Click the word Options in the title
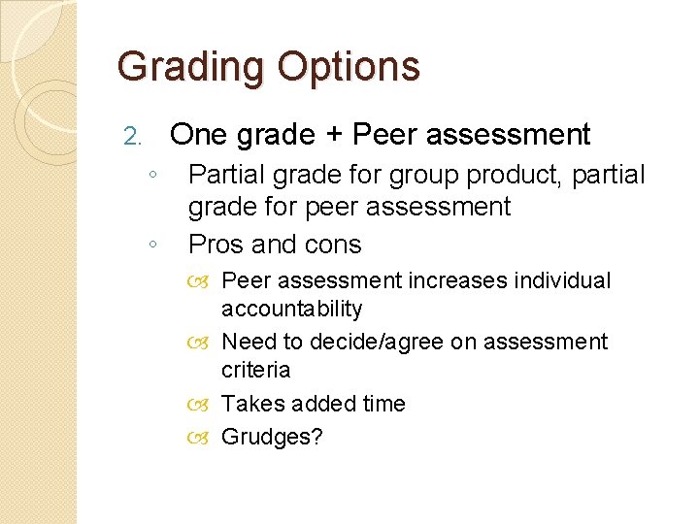[349, 67]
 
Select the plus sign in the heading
[333, 135]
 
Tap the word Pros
[217, 245]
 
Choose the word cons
[330, 245]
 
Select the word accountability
[291, 309]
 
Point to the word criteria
[255, 370]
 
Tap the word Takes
[249, 404]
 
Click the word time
[383, 404]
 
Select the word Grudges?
[272, 437]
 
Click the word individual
[562, 280]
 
